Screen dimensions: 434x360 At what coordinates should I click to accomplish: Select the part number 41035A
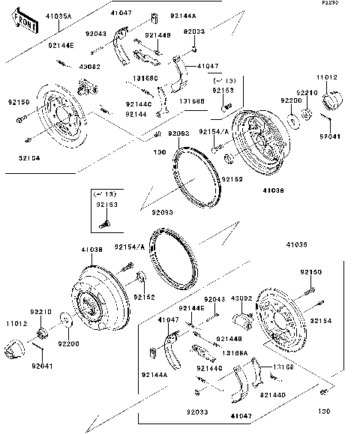click(x=59, y=15)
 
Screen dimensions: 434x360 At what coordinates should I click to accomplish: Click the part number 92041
click(x=43, y=366)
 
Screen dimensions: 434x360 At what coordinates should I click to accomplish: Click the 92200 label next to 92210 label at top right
click(x=291, y=99)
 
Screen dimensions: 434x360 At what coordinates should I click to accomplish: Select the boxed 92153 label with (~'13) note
click(x=106, y=204)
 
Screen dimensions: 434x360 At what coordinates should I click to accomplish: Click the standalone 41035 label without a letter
click(x=296, y=244)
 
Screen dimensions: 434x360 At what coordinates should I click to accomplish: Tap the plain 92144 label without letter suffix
click(x=136, y=114)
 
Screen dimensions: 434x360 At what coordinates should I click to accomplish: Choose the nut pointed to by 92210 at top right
click(x=307, y=114)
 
